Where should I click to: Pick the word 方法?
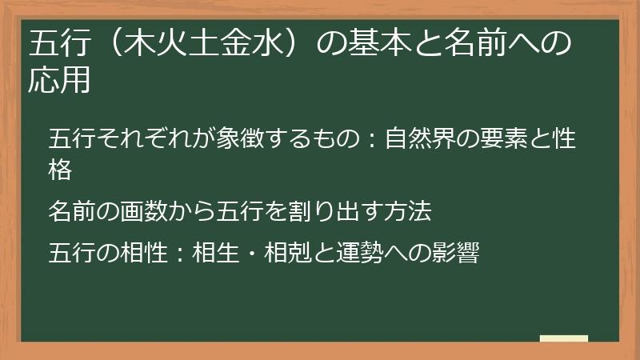(x=407, y=211)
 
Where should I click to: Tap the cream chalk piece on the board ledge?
(x=563, y=339)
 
